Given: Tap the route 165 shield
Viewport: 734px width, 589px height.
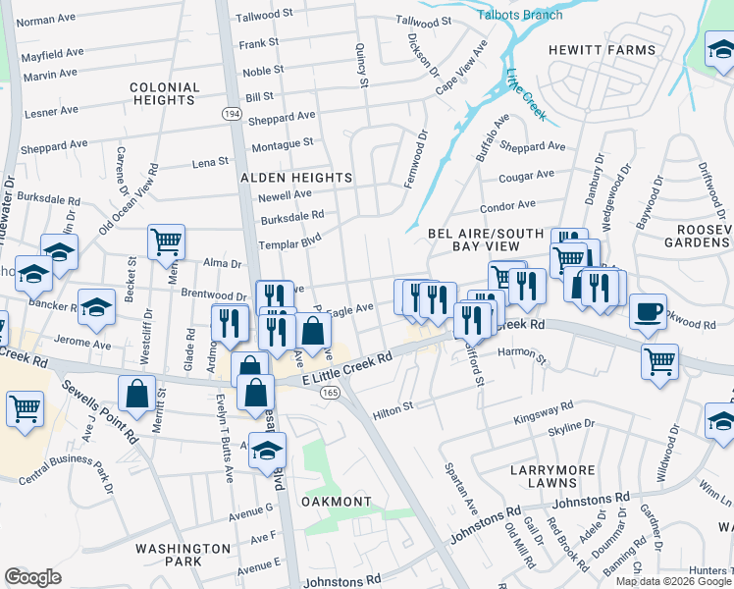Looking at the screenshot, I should [x=329, y=393].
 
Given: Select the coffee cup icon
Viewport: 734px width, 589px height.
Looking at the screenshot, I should [x=648, y=311].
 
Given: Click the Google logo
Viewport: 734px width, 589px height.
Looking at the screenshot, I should [x=32, y=576].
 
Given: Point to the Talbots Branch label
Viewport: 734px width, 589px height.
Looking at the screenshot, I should [x=519, y=15].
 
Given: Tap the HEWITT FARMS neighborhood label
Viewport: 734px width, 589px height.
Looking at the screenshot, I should [x=602, y=50].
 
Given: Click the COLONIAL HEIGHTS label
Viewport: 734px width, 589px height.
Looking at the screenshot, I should [x=164, y=94].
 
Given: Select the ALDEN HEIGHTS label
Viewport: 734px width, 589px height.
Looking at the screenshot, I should [x=297, y=178].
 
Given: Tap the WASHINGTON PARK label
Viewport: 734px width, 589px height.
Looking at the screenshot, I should [x=183, y=555].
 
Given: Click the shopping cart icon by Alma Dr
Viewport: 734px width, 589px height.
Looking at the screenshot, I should [x=166, y=241].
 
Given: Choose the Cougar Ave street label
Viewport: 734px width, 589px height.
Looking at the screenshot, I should [x=527, y=176].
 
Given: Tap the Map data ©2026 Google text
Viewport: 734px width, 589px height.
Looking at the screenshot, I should [x=673, y=581].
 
